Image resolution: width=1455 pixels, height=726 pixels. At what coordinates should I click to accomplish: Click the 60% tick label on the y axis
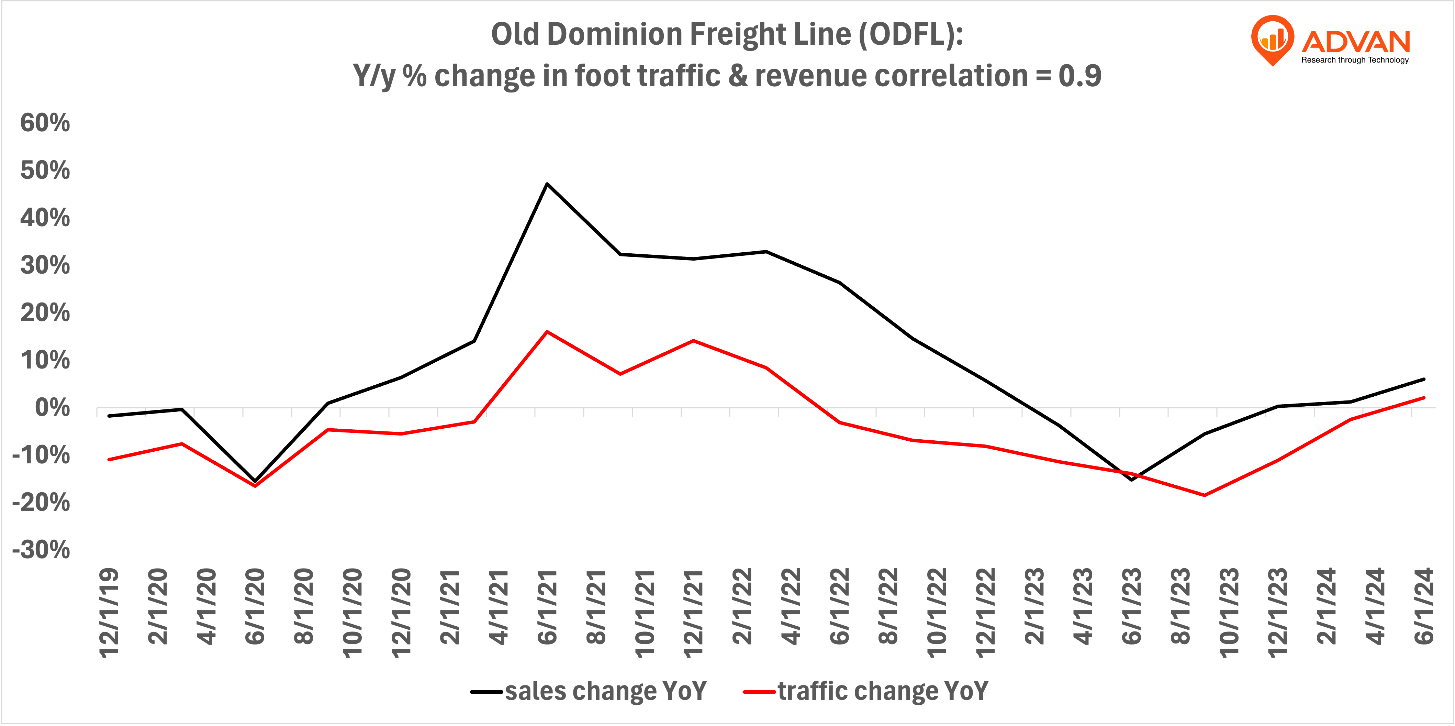coord(45,123)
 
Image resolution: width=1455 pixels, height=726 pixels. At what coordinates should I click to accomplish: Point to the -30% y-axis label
coord(41,550)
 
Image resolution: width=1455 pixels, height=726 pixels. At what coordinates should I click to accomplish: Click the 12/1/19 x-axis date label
coord(109,613)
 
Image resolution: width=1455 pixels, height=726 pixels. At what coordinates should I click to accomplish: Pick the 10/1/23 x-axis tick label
coord(1229,613)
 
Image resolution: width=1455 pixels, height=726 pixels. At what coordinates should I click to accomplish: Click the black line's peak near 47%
coord(547,184)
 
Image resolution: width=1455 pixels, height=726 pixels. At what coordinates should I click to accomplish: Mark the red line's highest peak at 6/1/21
coord(547,332)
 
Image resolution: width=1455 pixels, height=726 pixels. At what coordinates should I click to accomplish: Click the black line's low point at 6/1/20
coord(255,481)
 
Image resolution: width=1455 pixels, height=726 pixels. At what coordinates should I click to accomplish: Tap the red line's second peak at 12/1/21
coord(693,341)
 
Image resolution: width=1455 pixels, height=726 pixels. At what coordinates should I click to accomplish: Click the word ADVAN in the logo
coord(1356,42)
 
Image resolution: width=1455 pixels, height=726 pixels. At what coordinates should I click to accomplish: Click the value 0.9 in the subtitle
coord(1079,76)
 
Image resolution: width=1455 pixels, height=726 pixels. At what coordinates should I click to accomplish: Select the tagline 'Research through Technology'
coord(1354,60)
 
